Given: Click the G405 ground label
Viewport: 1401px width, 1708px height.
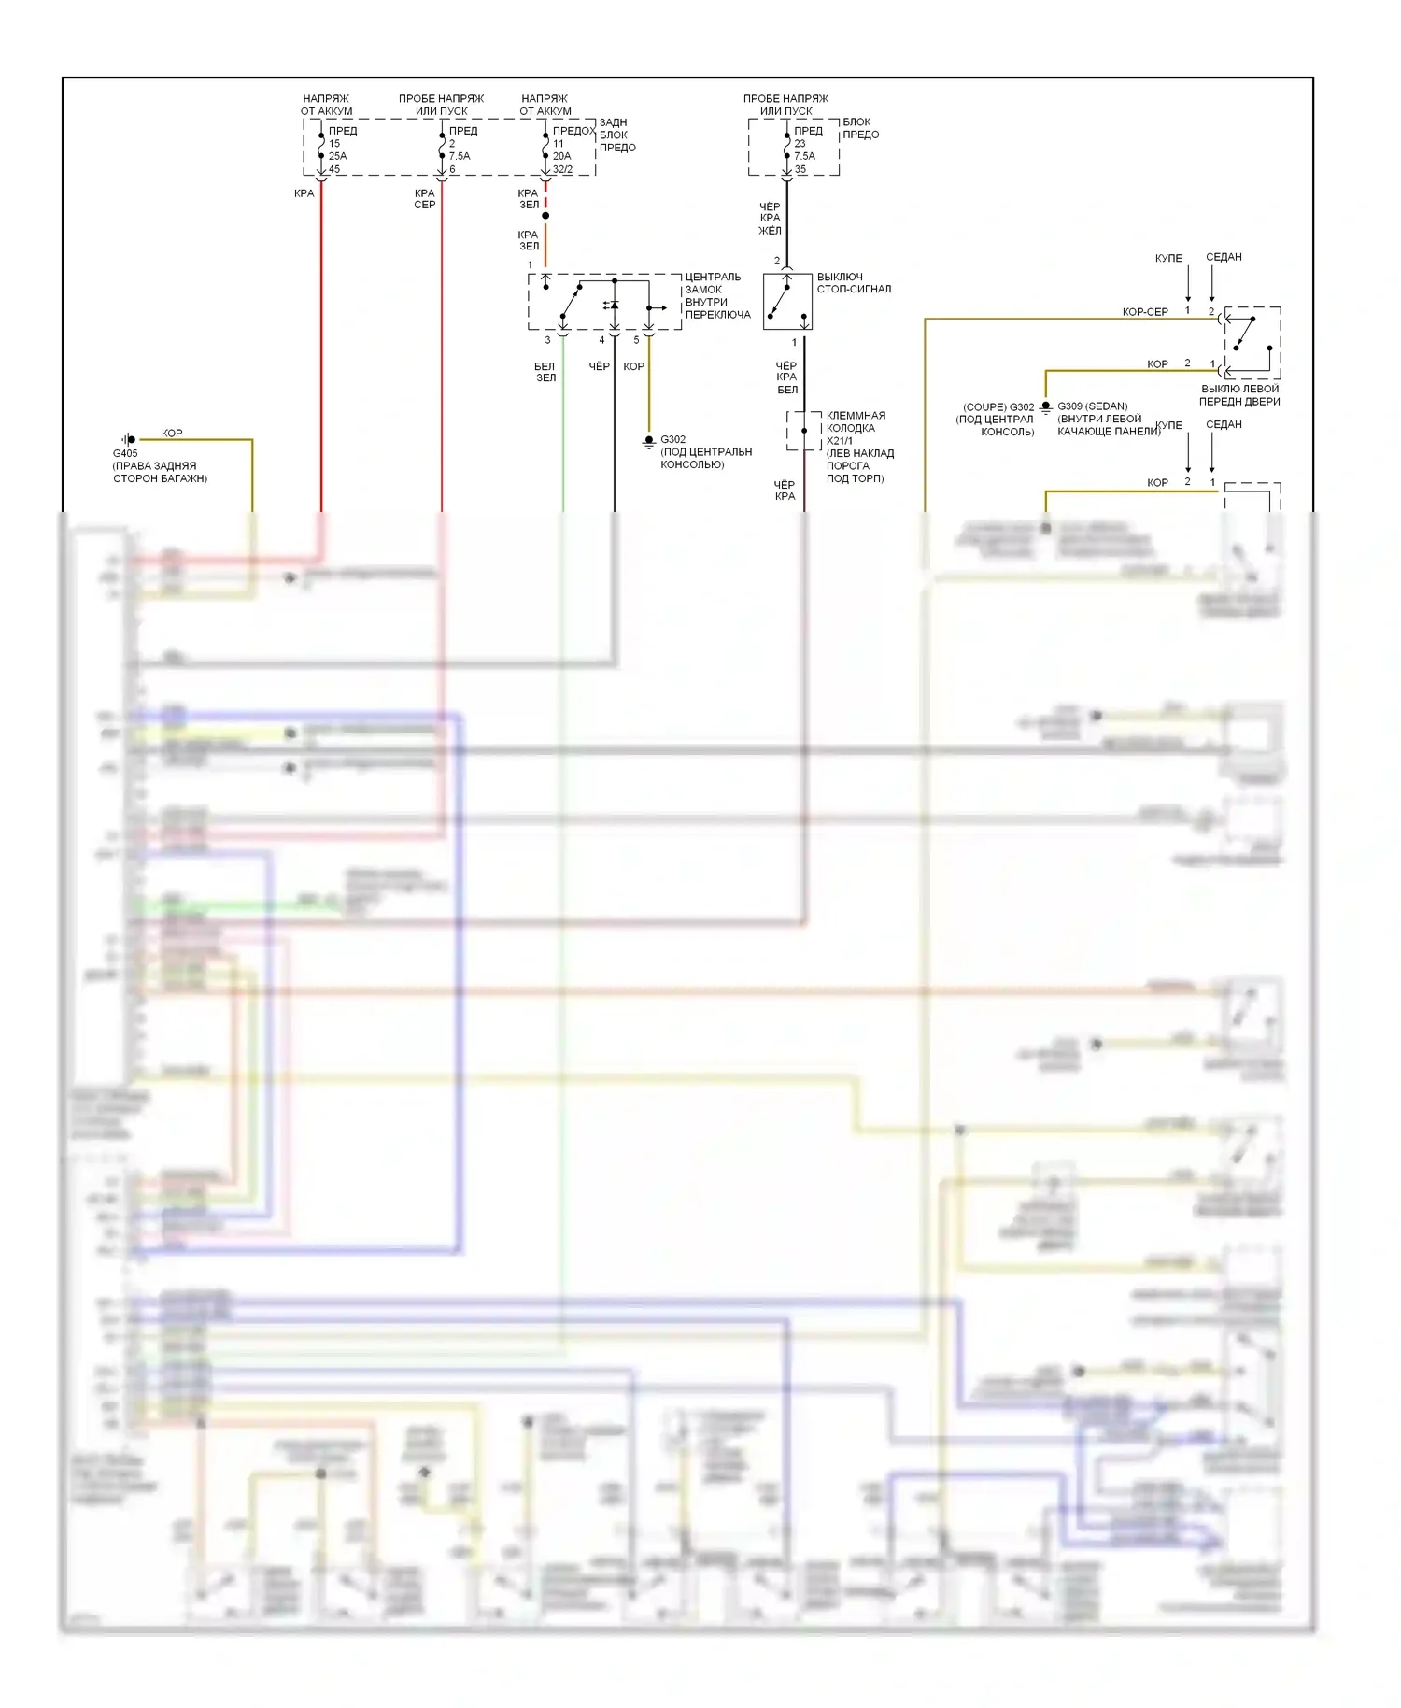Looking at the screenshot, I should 125,453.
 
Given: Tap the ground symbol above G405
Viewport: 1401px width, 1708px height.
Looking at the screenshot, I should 130,439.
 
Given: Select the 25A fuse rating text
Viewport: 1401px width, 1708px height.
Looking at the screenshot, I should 337,156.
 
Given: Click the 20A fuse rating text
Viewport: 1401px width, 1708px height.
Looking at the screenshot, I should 561,156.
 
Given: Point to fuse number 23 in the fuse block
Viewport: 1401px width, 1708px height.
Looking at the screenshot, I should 800,144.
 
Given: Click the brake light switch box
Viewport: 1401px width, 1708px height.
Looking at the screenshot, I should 787,302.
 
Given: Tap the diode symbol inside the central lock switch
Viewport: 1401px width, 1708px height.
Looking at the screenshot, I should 613,306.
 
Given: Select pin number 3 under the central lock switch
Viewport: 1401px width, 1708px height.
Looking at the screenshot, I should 547,340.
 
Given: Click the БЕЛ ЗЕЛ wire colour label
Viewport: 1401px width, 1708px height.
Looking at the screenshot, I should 545,372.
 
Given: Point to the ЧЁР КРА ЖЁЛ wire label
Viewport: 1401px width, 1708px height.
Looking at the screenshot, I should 770,219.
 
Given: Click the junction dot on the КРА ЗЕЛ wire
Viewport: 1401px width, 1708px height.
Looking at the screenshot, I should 545,216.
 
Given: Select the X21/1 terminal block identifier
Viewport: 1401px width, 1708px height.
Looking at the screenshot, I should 839,441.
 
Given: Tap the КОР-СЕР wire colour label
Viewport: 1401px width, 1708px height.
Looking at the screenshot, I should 1145,312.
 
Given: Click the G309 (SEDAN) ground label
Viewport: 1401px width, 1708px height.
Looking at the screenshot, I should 1092,406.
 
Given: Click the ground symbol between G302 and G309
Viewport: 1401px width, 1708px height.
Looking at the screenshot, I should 1046,407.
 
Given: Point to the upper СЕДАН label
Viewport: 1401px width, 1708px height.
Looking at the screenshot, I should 1224,257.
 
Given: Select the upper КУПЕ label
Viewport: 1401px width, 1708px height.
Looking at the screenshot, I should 1168,258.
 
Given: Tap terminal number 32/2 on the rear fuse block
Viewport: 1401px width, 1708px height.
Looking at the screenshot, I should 562,169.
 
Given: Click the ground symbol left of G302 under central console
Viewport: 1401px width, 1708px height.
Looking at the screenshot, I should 649,441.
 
